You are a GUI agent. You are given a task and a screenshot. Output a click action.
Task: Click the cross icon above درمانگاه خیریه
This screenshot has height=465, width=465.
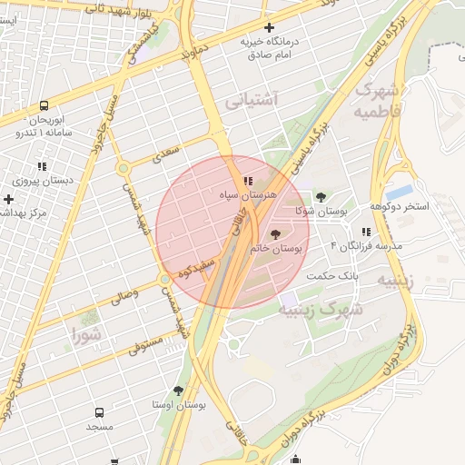pyautogui.click(x=269, y=28)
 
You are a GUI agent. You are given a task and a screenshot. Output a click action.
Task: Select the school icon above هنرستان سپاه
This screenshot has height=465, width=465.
pyautogui.click(x=248, y=182)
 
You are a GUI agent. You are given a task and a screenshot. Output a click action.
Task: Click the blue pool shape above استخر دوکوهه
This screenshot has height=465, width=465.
pyautogui.click(x=399, y=193)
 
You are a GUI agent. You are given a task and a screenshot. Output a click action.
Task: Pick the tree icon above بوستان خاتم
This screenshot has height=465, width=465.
pyautogui.click(x=276, y=234)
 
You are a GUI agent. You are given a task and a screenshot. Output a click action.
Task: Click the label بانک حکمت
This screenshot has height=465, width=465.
pyautogui.click(x=332, y=275)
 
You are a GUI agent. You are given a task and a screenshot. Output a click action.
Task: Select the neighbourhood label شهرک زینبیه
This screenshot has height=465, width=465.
pyautogui.click(x=320, y=309)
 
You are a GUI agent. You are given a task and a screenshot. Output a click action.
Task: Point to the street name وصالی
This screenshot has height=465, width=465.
pyautogui.click(x=124, y=295)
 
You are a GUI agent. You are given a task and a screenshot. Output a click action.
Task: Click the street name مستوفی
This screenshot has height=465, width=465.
pyautogui.click(x=145, y=344)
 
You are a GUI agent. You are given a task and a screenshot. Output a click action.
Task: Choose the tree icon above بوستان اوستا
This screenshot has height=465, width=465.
pyautogui.click(x=178, y=391)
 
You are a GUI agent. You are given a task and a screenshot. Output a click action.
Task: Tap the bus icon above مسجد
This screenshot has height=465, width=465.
pyautogui.click(x=99, y=412)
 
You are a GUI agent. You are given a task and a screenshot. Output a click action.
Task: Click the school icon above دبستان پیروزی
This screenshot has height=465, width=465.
pyautogui.click(x=41, y=166)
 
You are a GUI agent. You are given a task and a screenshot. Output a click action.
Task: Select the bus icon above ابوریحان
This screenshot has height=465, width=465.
pyautogui.click(x=44, y=105)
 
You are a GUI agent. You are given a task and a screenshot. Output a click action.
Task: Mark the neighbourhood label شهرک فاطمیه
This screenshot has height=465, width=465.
pyautogui.click(x=377, y=101)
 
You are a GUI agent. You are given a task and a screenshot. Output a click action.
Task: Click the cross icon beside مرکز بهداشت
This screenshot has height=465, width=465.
pyautogui.click(x=9, y=198)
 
